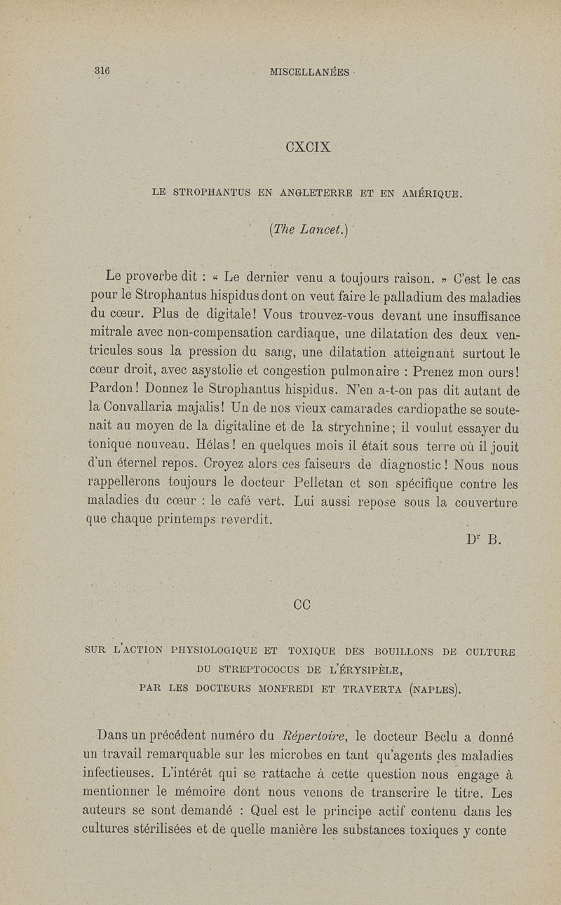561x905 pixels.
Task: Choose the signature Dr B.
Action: pyautogui.click(x=480, y=540)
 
